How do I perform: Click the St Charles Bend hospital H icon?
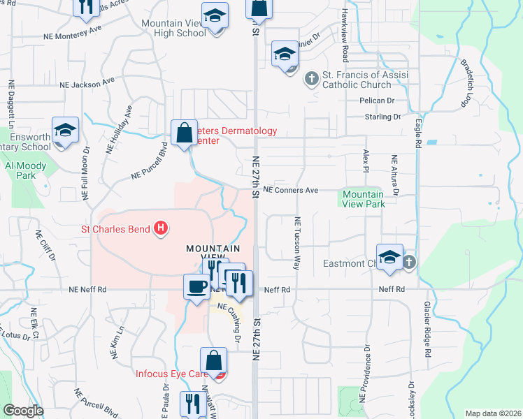click(x=162, y=228)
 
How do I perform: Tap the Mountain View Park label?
click(x=363, y=199)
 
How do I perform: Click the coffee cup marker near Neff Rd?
click(x=196, y=286)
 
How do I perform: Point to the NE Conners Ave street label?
click(x=290, y=190)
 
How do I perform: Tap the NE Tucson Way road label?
click(x=296, y=243)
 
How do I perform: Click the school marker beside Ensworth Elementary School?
click(x=66, y=131)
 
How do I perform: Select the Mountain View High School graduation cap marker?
click(x=215, y=15)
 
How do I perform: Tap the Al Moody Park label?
click(x=26, y=170)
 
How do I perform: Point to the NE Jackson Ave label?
click(x=87, y=82)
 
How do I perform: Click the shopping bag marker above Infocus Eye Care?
click(x=214, y=361)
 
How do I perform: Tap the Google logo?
click(x=23, y=410)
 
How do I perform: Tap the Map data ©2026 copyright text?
click(x=492, y=413)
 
